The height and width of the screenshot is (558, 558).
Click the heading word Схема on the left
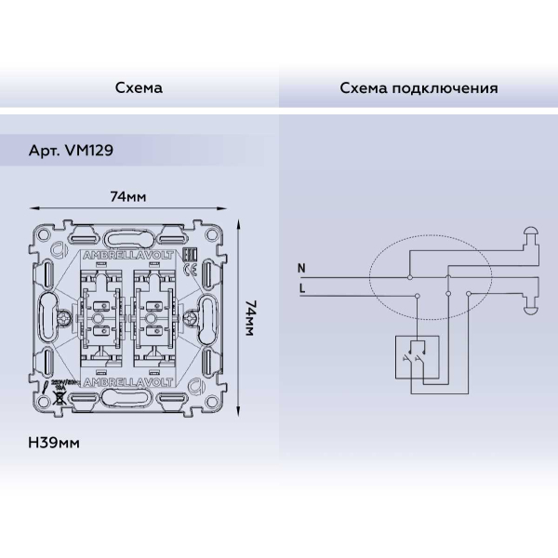[139, 88]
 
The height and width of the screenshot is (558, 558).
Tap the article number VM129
[90, 150]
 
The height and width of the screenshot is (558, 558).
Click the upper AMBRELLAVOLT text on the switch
[127, 253]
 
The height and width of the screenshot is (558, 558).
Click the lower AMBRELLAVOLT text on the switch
[127, 382]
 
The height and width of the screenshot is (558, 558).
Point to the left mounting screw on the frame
[66, 317]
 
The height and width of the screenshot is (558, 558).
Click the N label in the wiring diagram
[300, 269]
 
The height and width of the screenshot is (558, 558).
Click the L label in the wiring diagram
[300, 288]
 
